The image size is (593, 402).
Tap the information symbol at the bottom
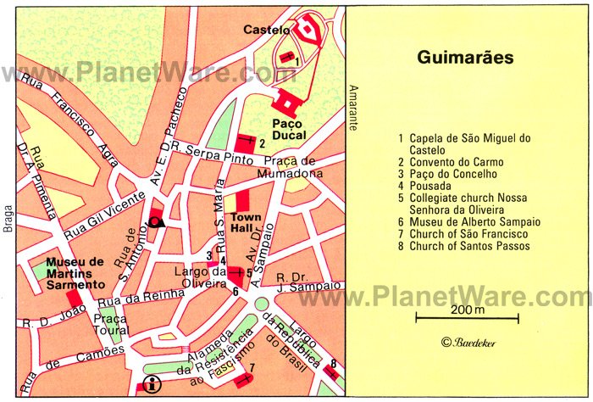click(152, 382)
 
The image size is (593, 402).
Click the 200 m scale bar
click(467, 318)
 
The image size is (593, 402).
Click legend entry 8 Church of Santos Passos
click(469, 246)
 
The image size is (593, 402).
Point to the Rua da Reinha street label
click(140, 298)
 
